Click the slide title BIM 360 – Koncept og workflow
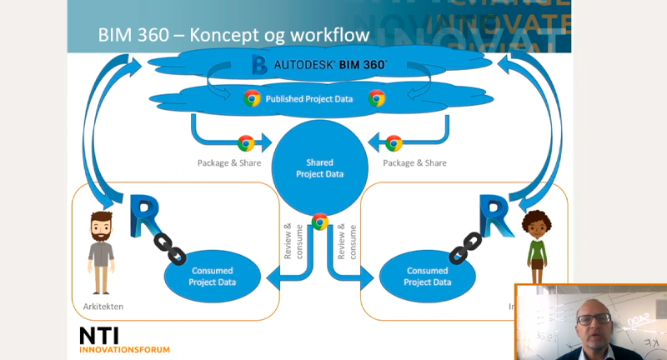(x=233, y=36)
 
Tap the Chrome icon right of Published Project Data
(x=377, y=98)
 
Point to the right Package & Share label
(x=415, y=162)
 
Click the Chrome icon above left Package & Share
(x=246, y=143)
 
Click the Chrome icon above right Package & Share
(x=394, y=143)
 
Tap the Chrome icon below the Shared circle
(x=319, y=221)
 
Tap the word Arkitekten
(x=101, y=307)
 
